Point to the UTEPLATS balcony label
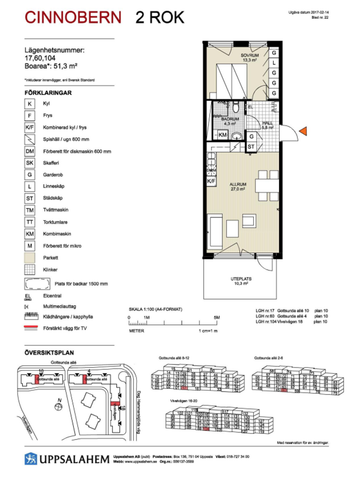tap(239, 280)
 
